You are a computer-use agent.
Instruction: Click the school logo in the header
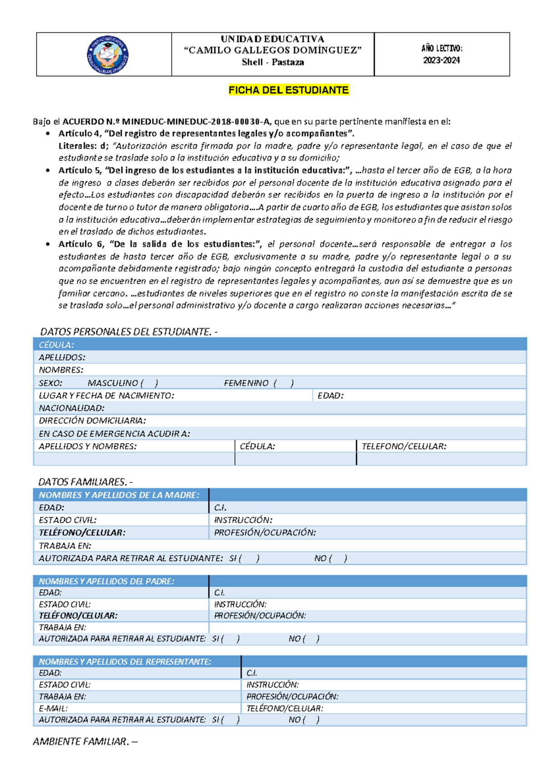(x=108, y=55)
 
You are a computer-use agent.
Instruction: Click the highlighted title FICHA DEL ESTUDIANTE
(x=288, y=90)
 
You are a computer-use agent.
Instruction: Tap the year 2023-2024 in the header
(x=441, y=60)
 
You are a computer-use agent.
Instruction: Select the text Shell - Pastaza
(x=272, y=62)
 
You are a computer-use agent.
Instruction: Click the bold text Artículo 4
(x=79, y=133)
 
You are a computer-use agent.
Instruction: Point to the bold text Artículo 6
(x=79, y=244)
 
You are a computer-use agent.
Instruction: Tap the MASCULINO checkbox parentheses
(x=149, y=383)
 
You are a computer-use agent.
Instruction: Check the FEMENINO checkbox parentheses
(x=284, y=383)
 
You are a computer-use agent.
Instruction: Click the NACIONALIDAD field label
(x=71, y=408)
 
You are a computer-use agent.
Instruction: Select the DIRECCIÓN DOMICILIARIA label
(x=92, y=421)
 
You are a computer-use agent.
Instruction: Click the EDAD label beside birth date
(x=330, y=395)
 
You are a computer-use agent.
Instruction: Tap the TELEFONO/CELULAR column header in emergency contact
(x=404, y=446)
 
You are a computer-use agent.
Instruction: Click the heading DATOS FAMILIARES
(x=85, y=482)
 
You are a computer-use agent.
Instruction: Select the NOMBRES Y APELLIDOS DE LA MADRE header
(x=119, y=495)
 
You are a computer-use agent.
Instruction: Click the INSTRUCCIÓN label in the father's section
(x=240, y=604)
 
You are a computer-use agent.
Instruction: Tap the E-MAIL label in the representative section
(x=53, y=708)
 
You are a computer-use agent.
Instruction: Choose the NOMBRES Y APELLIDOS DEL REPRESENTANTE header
(x=125, y=661)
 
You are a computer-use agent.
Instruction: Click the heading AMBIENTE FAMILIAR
(x=85, y=741)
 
